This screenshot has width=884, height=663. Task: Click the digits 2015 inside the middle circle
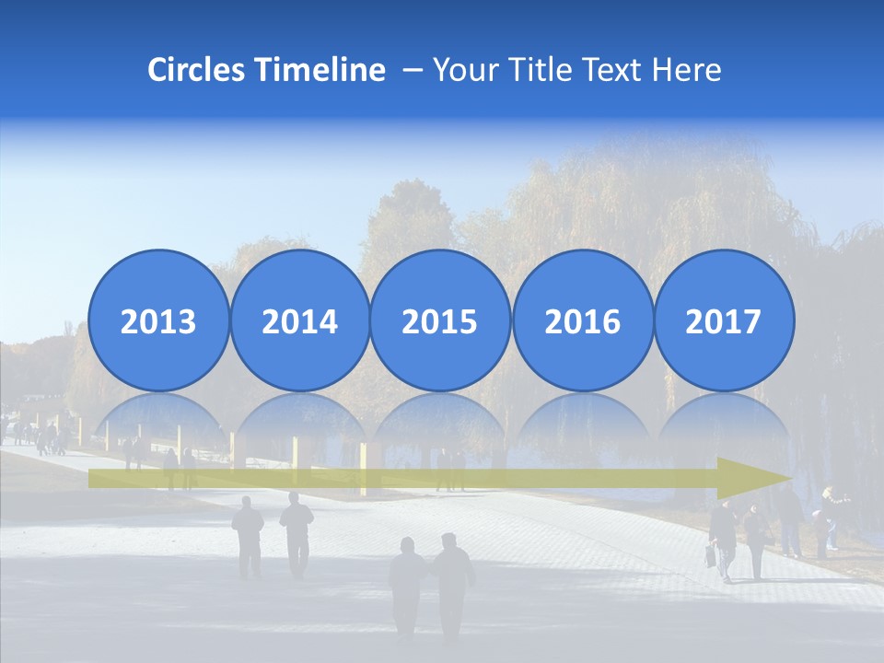tap(440, 322)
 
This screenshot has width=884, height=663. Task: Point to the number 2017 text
tap(723, 322)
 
